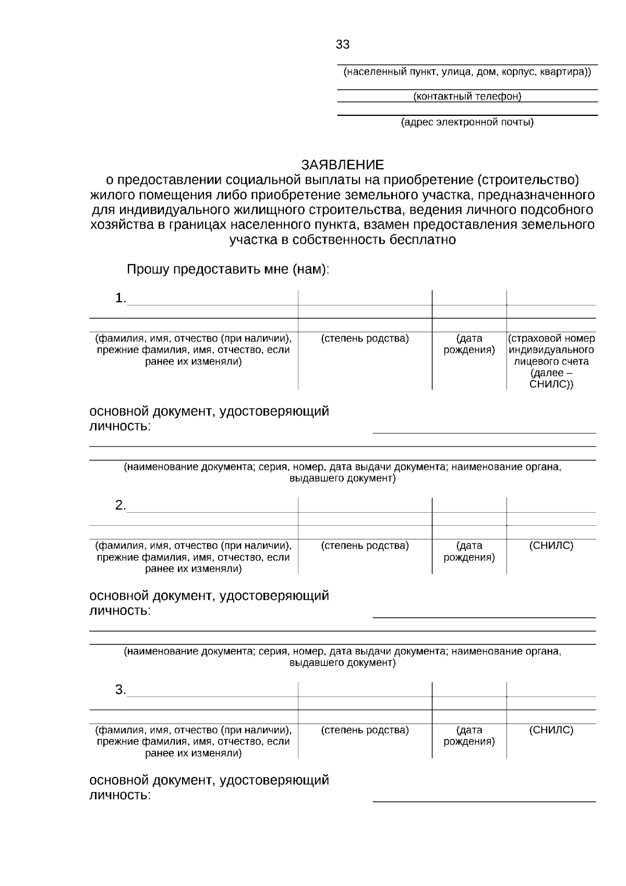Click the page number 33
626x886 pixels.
point(342,45)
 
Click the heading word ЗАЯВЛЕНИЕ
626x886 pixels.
point(342,165)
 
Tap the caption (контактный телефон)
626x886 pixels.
point(467,97)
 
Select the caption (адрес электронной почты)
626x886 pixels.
point(467,123)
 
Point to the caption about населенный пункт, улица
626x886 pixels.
point(467,72)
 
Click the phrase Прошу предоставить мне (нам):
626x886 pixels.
point(228,270)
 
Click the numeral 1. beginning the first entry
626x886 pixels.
point(121,298)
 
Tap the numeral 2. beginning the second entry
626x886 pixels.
point(121,505)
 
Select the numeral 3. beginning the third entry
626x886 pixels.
point(121,690)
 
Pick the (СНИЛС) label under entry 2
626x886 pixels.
point(551,546)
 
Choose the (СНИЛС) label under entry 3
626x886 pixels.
point(551,730)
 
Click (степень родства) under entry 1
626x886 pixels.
point(365,338)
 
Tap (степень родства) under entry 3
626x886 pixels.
point(365,730)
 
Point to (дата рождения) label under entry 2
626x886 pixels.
point(469,551)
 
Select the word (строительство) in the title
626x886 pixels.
point(527,180)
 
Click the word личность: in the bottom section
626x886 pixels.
point(120,796)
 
